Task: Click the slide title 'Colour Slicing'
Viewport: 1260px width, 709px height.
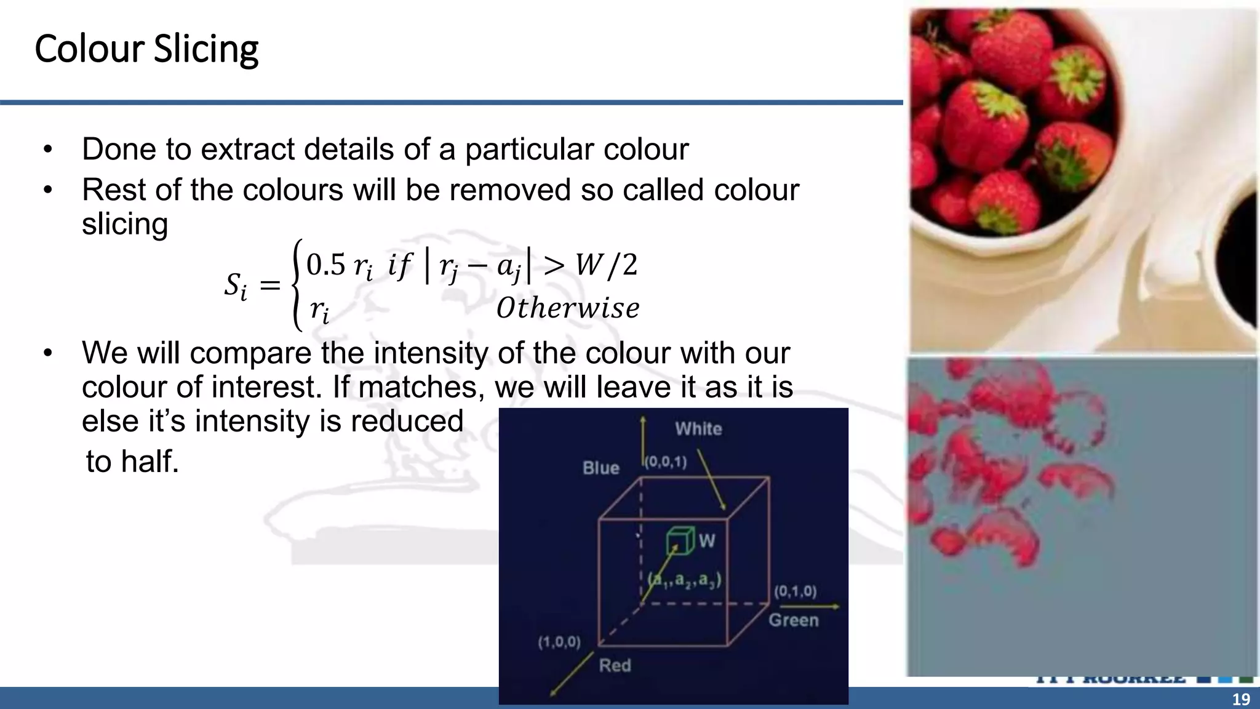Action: click(146, 49)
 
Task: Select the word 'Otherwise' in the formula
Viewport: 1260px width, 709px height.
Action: click(567, 308)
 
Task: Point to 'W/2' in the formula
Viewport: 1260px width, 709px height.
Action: click(606, 265)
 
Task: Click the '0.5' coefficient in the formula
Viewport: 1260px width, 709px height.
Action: click(326, 265)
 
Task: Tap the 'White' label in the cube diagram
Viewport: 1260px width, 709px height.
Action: click(698, 429)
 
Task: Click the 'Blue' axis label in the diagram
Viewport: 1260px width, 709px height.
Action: click(600, 468)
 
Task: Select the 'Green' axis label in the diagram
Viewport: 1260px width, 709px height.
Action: click(793, 620)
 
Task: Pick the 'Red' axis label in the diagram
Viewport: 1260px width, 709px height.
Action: click(615, 665)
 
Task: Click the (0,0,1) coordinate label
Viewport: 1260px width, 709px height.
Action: click(666, 462)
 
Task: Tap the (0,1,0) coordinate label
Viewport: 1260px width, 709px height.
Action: click(795, 591)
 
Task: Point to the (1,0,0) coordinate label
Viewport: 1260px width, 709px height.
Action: click(559, 643)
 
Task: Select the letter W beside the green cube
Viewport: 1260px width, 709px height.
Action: click(707, 541)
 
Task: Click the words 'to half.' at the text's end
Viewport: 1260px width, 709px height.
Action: click(132, 462)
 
